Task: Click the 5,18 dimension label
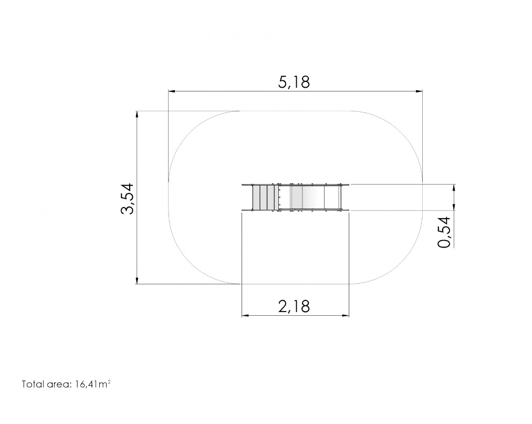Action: point(294,82)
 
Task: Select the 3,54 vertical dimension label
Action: point(127,199)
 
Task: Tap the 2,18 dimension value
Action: point(294,306)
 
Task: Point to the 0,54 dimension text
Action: point(444,233)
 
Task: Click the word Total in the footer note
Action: point(33,384)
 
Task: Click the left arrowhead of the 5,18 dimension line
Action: point(172,91)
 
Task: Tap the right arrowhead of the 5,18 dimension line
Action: point(420,91)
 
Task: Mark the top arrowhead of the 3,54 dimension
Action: point(137,115)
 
